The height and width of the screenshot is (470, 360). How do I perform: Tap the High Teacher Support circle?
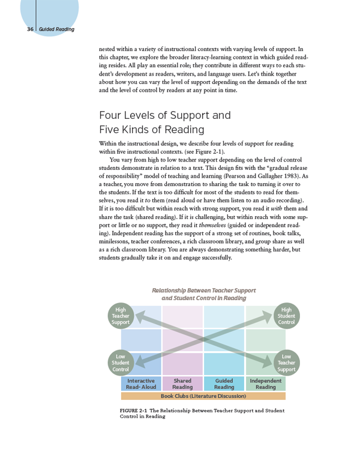pyautogui.click(x=121, y=316)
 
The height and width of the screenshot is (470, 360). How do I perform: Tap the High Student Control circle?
pyautogui.click(x=286, y=316)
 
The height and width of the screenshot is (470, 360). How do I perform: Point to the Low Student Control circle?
pyautogui.click(x=121, y=363)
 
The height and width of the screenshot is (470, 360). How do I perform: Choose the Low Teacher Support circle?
pyautogui.click(x=286, y=363)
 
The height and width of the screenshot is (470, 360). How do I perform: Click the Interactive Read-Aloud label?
pyautogui.click(x=142, y=384)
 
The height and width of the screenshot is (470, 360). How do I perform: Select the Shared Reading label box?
pyautogui.click(x=182, y=384)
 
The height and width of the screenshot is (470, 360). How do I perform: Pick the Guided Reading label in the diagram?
pyautogui.click(x=224, y=384)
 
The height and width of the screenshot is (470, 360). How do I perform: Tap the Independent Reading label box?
pyautogui.click(x=265, y=384)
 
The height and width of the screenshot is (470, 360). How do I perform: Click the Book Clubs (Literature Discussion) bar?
pyautogui.click(x=203, y=396)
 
